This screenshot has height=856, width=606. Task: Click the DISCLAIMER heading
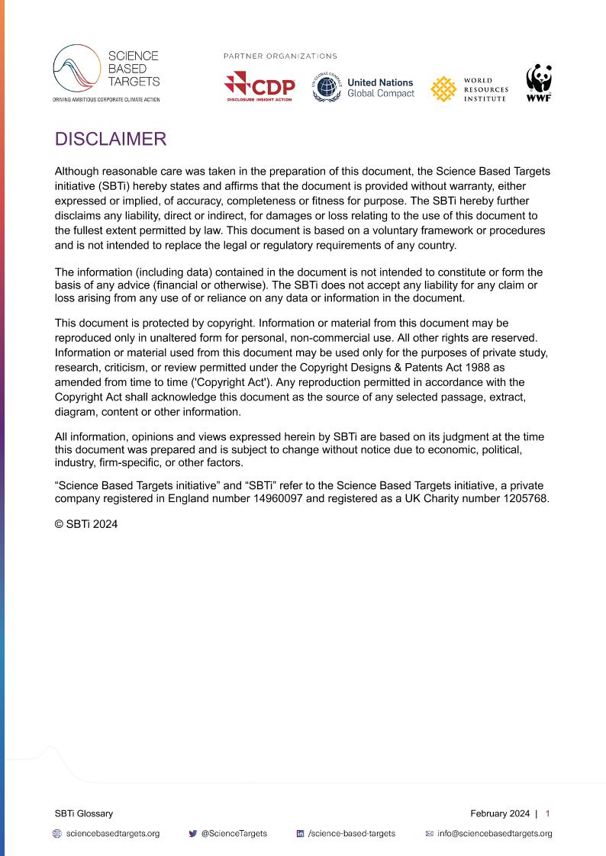click(111, 139)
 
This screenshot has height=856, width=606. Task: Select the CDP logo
click(259, 87)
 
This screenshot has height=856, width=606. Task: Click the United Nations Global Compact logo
click(363, 88)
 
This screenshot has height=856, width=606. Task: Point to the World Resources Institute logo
click(469, 89)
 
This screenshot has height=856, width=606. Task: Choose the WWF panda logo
click(539, 83)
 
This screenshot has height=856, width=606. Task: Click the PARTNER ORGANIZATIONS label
click(280, 56)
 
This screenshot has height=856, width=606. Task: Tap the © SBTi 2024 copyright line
click(86, 524)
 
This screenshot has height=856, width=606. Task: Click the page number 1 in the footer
click(547, 813)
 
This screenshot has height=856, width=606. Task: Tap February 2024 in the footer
click(500, 813)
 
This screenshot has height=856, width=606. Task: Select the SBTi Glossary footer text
click(84, 813)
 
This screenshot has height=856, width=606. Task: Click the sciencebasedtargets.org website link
click(112, 834)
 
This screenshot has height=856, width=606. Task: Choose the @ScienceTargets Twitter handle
click(234, 834)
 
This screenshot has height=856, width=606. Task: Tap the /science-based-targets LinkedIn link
click(351, 834)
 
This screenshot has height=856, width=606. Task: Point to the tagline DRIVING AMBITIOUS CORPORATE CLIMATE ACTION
click(106, 100)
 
